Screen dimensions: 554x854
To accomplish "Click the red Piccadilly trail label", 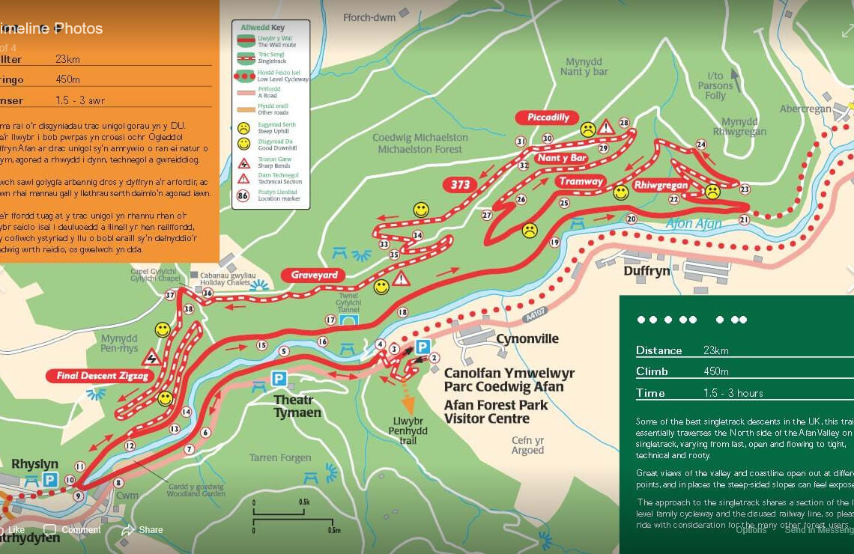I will click(548, 118).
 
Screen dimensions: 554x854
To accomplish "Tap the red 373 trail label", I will click(460, 185).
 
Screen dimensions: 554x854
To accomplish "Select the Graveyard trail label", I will click(313, 276).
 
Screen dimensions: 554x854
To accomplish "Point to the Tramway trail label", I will click(581, 182).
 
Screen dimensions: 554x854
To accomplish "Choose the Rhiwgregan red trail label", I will click(660, 185).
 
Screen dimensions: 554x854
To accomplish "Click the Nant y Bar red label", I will click(562, 158).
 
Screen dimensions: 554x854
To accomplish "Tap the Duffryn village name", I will click(646, 271).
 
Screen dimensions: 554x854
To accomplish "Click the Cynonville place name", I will click(527, 339).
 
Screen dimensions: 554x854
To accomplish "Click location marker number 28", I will click(623, 123).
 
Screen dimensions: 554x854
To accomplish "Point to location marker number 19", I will click(554, 243).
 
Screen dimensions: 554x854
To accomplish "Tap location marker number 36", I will click(208, 293).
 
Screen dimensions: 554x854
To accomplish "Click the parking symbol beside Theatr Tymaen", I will click(279, 379).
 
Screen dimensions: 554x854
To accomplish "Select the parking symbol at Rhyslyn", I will click(50, 479).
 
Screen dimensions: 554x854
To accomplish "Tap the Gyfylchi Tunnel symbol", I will click(348, 320).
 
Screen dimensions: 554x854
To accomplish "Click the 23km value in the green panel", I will click(716, 350).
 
